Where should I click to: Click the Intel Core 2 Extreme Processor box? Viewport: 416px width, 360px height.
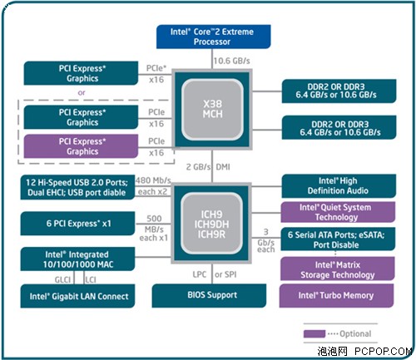pos(213,37)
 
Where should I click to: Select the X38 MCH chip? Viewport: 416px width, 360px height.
pos(212,110)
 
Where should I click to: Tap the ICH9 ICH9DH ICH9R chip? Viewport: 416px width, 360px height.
pos(211,224)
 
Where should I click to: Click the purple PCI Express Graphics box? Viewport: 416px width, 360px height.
pos(81,146)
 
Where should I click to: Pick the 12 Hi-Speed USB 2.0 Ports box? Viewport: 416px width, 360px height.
pos(77,187)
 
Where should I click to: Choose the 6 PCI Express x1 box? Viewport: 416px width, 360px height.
pos(77,224)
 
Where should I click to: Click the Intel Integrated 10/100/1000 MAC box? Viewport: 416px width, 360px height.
pos(77,259)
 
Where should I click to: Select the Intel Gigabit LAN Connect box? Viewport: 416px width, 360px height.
pos(77,296)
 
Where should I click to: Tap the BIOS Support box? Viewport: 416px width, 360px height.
pos(209,295)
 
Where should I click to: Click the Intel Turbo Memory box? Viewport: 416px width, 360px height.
pos(337,295)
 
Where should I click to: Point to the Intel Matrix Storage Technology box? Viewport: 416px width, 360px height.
pos(338,269)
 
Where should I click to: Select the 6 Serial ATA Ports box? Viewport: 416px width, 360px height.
pos(338,239)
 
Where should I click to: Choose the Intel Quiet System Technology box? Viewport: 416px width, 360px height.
pos(338,212)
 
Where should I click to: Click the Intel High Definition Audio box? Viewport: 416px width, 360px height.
pos(339,186)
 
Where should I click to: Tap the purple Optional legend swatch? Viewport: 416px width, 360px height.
pos(314,333)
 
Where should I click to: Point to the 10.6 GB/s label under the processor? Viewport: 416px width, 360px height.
pos(231,61)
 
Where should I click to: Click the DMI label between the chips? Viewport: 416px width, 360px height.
pos(223,167)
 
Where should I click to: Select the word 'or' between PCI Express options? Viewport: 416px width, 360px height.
pos(82,92)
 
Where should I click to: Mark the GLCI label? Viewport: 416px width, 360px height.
pos(62,280)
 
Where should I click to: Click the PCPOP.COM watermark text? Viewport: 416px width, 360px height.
pos(384,352)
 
